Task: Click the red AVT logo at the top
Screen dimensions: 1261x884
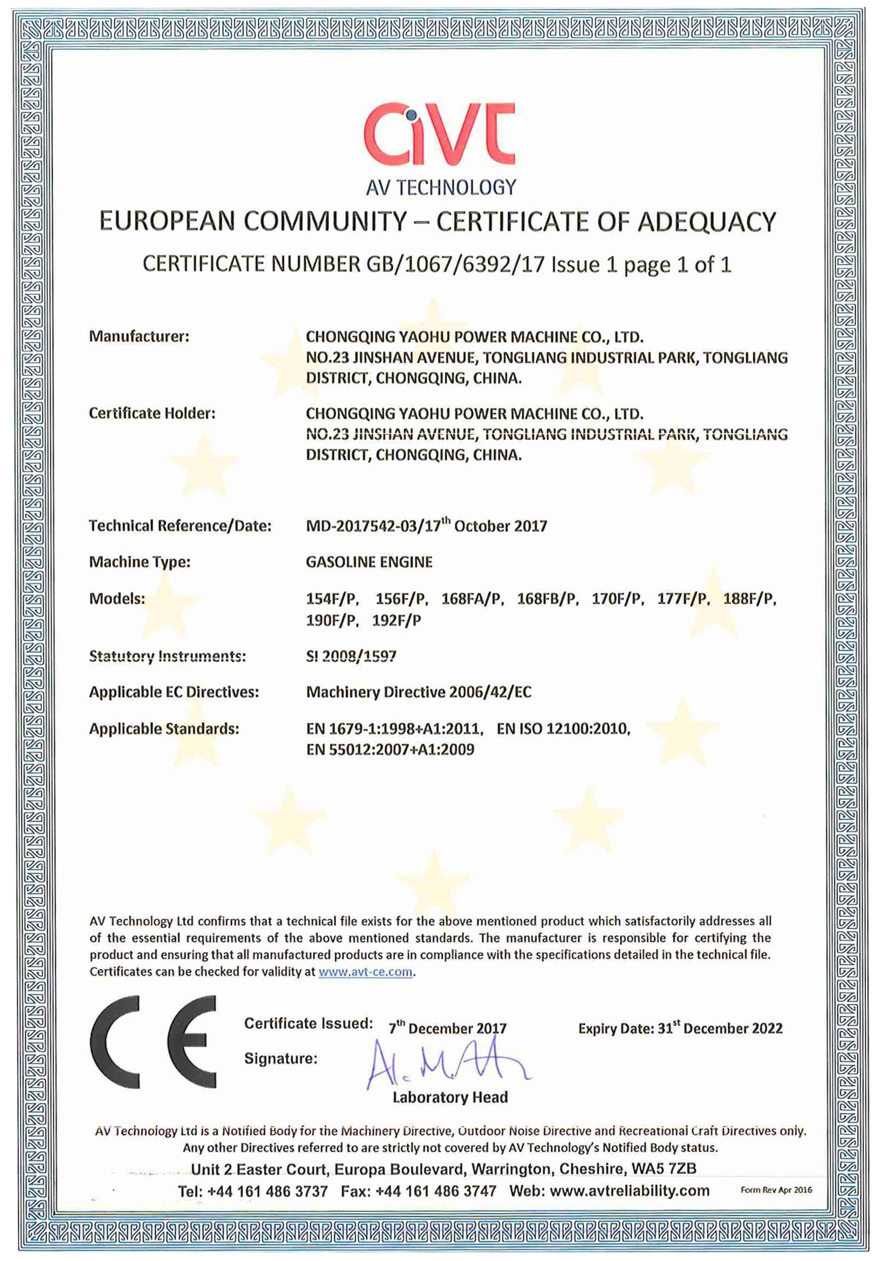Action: pos(439,133)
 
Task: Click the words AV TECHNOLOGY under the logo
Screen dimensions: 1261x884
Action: pos(441,188)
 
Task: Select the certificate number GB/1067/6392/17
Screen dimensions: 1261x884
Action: pos(455,265)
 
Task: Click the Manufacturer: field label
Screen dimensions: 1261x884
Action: pos(139,336)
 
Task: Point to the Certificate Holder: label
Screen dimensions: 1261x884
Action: pos(152,413)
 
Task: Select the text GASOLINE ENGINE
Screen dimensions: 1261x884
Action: pos(369,562)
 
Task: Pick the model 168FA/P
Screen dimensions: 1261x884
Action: pos(472,599)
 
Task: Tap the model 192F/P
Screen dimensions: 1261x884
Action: pos(397,621)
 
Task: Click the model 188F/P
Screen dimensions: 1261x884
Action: pos(749,599)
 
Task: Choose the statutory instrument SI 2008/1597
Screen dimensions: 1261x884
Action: pos(351,656)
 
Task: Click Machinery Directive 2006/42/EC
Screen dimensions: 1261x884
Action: pos(418,692)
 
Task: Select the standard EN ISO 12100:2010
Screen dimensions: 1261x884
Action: pos(563,729)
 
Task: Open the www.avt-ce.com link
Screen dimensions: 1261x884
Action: pos(365,971)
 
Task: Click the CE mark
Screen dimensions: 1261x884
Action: pos(153,1042)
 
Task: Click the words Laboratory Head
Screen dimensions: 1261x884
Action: pos(450,1097)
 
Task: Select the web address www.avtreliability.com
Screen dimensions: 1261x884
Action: pos(629,1190)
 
